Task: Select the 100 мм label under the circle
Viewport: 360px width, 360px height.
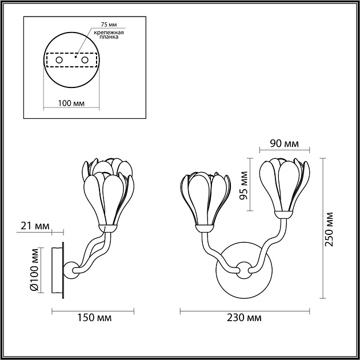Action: click(x=72, y=103)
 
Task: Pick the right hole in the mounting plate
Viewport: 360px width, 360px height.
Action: click(x=85, y=59)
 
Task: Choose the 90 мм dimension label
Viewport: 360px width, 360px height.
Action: click(x=284, y=143)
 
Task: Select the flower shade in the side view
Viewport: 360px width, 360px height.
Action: click(x=110, y=194)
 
